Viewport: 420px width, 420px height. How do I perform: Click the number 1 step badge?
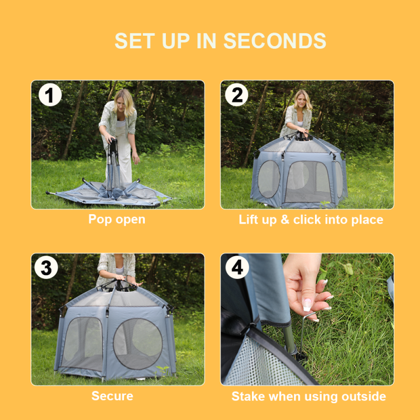point(50,94)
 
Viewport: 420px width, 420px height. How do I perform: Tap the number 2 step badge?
point(237,94)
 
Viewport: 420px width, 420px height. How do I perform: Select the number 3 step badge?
point(46,267)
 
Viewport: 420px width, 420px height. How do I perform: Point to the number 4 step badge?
point(237,267)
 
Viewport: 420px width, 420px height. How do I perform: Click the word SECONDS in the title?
point(275,41)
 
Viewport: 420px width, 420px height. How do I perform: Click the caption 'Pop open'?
point(117,219)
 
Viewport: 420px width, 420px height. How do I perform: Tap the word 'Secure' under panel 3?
point(112,396)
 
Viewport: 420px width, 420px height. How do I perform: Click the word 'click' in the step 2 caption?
point(307,219)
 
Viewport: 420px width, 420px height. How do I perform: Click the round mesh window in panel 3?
point(138,344)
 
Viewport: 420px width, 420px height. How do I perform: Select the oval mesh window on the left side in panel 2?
point(269,179)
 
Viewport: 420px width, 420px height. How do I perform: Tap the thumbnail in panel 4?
point(307,305)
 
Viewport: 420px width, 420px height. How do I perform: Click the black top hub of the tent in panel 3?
point(119,285)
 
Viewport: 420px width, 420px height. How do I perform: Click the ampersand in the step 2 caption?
point(285,219)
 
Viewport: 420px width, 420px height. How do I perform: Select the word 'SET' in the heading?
point(135,41)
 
